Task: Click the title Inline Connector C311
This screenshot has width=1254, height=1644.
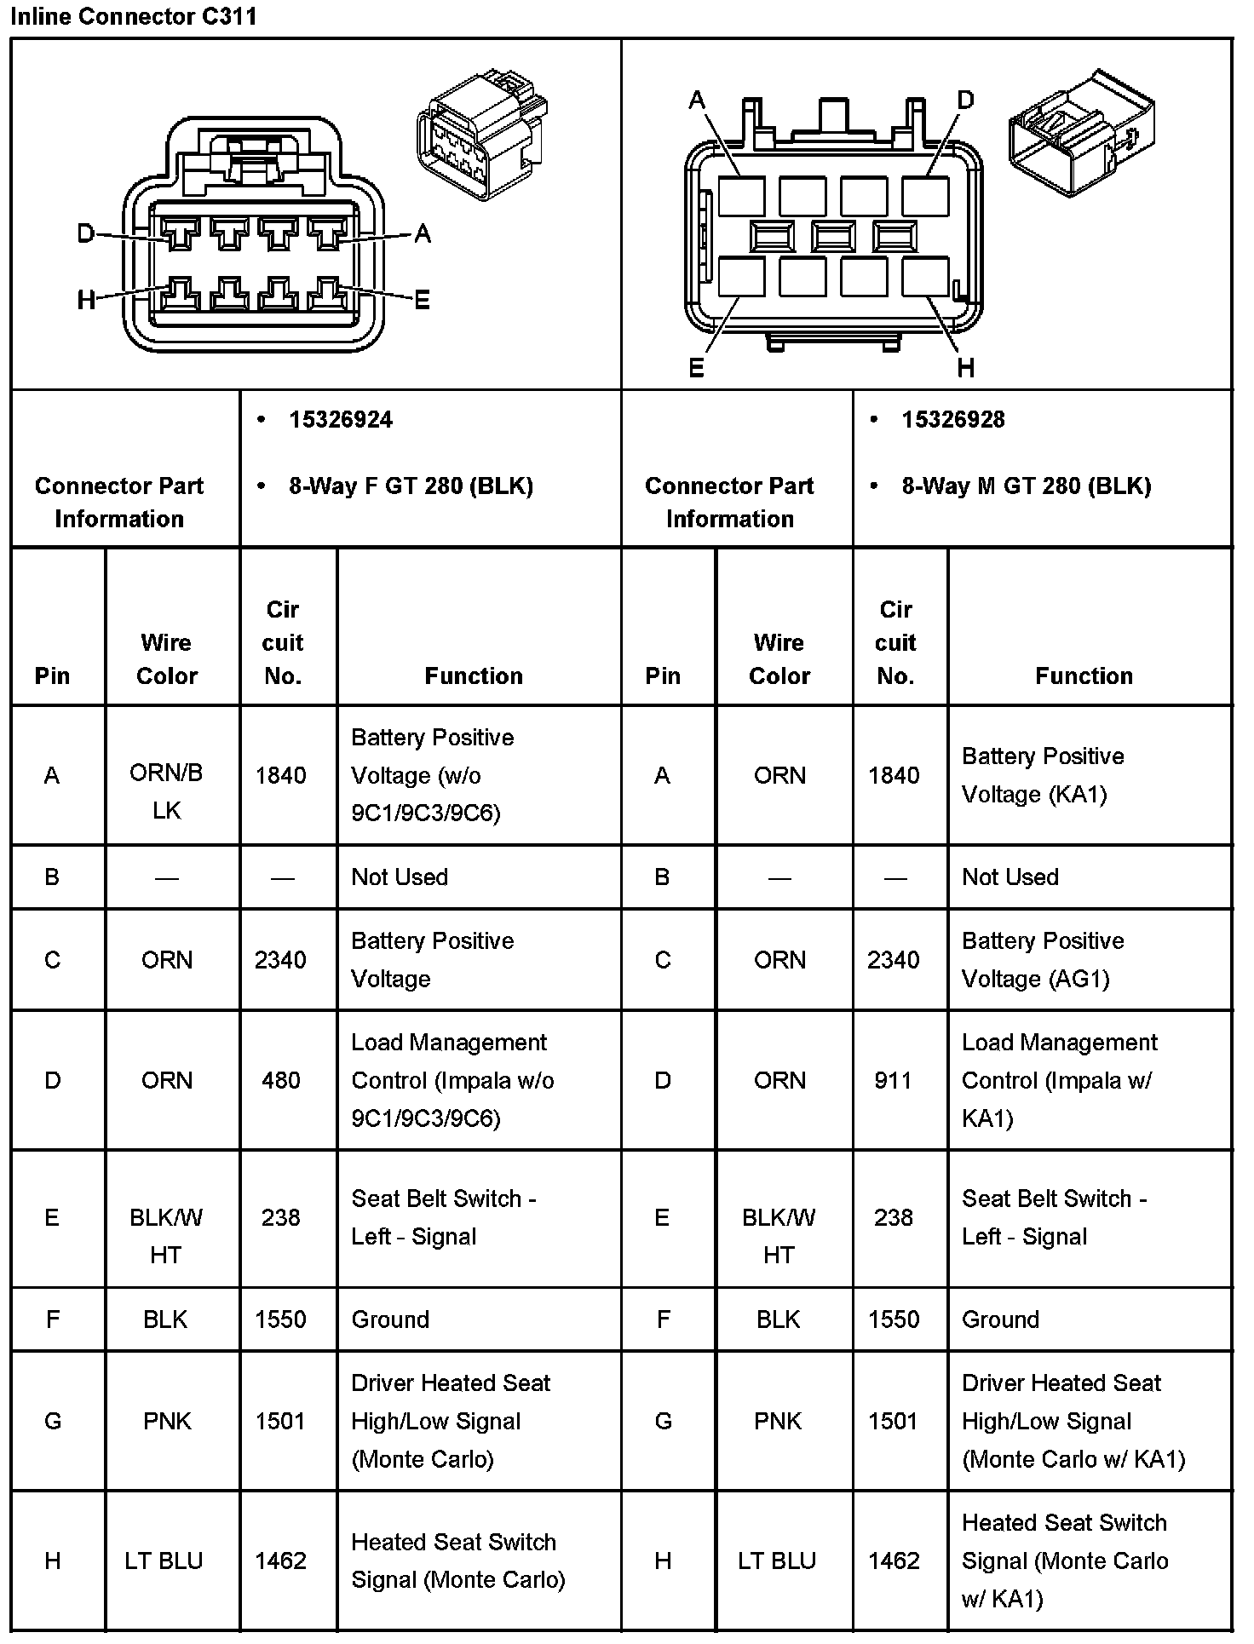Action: pyautogui.click(x=134, y=16)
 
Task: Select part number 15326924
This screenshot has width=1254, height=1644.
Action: pyautogui.click(x=341, y=420)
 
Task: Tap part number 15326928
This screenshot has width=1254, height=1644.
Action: pyautogui.click(x=953, y=420)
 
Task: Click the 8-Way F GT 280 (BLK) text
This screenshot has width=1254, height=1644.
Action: pyautogui.click(x=411, y=486)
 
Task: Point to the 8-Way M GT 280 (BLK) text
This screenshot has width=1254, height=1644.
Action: pyautogui.click(x=1026, y=486)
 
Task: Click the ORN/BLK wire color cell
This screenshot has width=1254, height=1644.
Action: pyautogui.click(x=167, y=791)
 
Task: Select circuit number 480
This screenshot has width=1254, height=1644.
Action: pyautogui.click(x=281, y=1081)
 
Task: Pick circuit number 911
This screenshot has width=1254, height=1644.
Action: pyautogui.click(x=893, y=1081)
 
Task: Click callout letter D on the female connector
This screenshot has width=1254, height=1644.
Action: pyautogui.click(x=85, y=233)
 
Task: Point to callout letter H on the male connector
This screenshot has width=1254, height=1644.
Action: pyautogui.click(x=965, y=368)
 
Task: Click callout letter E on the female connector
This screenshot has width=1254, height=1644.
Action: pyautogui.click(x=422, y=300)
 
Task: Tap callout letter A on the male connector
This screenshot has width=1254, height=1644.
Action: pyautogui.click(x=697, y=101)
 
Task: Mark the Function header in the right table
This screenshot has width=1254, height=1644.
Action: pyautogui.click(x=1084, y=676)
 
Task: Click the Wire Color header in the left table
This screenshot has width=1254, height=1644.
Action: pyautogui.click(x=167, y=659)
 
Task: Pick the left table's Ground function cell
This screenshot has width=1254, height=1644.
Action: pyautogui.click(x=390, y=1319)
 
